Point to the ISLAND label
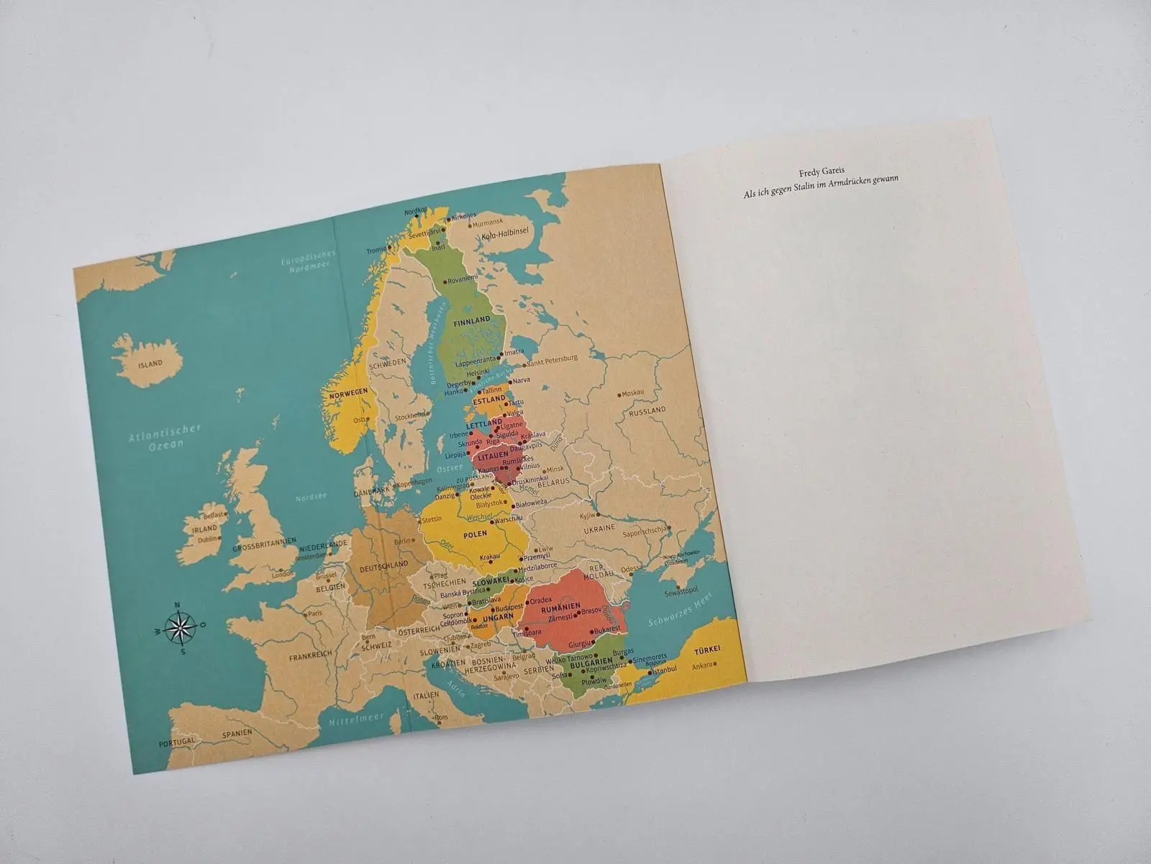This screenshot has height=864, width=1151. click(x=150, y=364)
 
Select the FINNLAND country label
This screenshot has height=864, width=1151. click(x=472, y=320)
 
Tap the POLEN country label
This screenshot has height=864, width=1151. click(x=476, y=534)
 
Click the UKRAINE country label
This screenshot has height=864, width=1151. click(x=600, y=528)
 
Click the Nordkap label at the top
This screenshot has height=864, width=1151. click(x=416, y=212)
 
